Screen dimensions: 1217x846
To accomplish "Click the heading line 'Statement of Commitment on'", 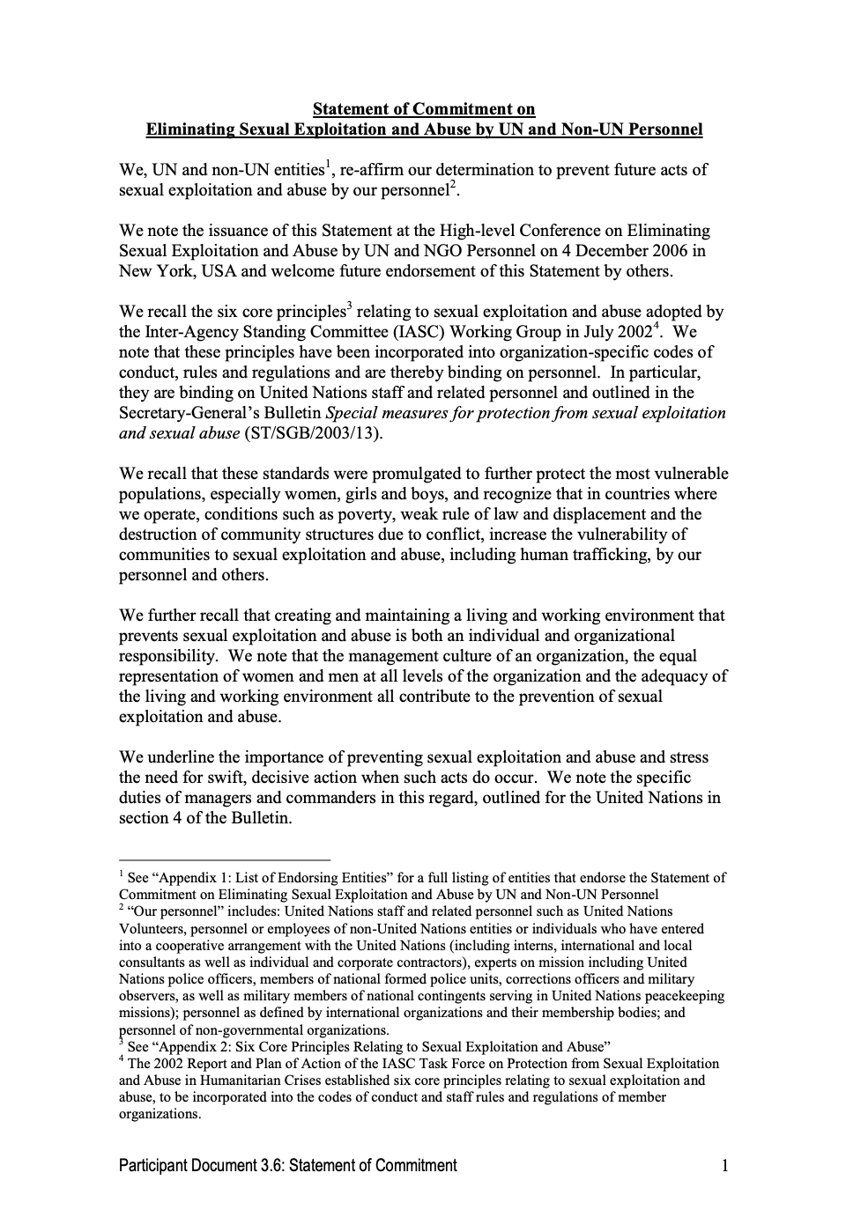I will tap(424, 109).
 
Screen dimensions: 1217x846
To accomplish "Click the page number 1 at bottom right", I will tap(724, 1166).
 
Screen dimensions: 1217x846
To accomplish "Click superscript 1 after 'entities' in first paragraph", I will tap(328, 164).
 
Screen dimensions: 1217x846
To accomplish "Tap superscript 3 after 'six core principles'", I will tap(349, 306).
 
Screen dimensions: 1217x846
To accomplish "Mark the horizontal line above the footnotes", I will tap(225, 859).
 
